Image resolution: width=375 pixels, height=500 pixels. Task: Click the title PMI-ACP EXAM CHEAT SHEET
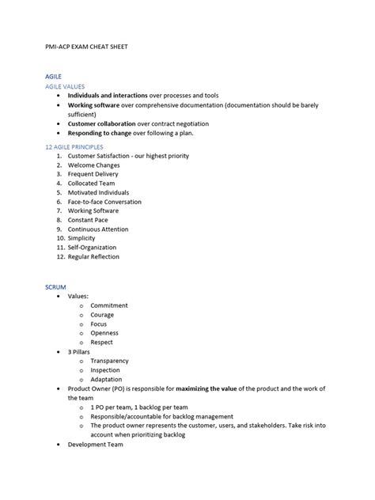coord(85,47)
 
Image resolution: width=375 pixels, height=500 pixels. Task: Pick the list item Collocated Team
coord(92,184)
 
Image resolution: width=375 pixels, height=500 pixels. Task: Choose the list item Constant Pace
coord(89,220)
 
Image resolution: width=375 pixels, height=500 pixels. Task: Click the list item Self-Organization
coord(93,248)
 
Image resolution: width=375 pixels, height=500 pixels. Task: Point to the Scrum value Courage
coord(102,315)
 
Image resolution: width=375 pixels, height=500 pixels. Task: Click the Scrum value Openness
coord(104,333)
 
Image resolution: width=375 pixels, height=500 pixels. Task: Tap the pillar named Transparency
coord(109,361)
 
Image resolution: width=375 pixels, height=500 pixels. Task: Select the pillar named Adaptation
coord(106,379)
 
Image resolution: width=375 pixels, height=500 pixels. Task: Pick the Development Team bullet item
coord(95,445)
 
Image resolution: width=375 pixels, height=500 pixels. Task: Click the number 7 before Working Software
coord(59,211)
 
